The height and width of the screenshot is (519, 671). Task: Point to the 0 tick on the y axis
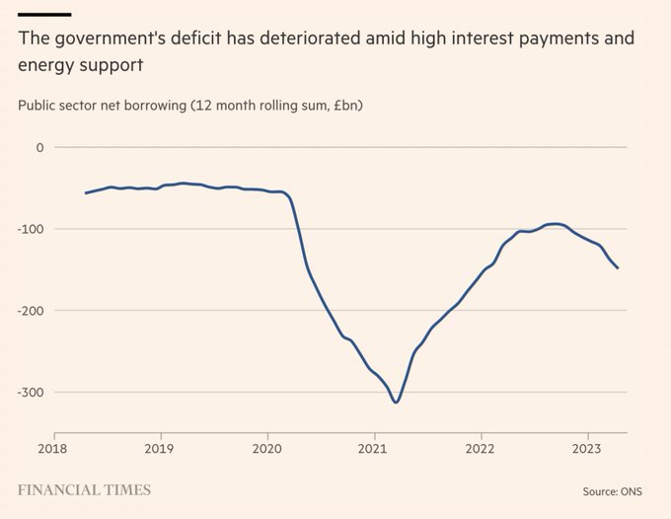tap(40, 147)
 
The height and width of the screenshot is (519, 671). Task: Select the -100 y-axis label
tap(33, 229)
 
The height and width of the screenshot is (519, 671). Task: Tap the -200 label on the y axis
tap(33, 311)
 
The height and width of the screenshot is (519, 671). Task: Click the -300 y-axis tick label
tap(33, 392)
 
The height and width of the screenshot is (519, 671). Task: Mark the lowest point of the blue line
tap(396, 403)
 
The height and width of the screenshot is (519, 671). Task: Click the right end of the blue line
tap(618, 268)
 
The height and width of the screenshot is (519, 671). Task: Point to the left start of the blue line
tap(86, 193)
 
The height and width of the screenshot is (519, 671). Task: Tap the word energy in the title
tap(45, 66)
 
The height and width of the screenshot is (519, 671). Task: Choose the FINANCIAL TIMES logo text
tap(84, 489)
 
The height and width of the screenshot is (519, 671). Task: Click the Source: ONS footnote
tap(612, 490)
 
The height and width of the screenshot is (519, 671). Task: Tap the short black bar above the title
tap(44, 14)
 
